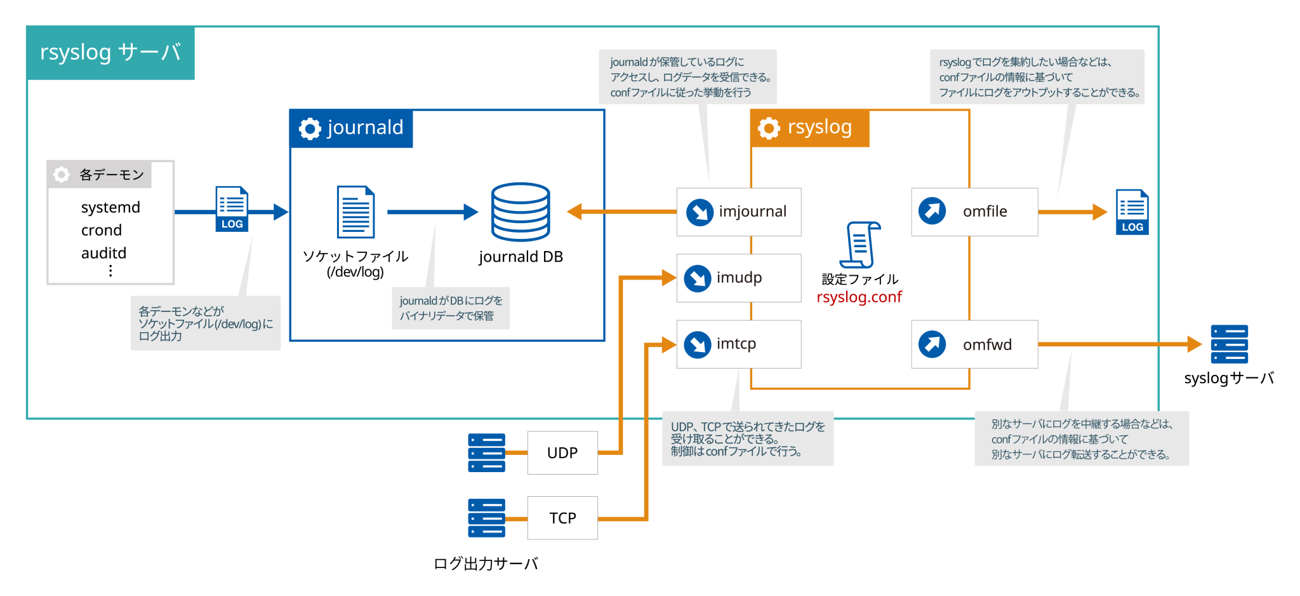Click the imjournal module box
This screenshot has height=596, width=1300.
[738, 212]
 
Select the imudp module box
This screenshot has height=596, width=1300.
[738, 278]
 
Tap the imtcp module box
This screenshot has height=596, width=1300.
[738, 344]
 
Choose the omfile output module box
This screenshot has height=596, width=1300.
[974, 212]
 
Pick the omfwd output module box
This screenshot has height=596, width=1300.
[974, 344]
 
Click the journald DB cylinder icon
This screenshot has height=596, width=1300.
[521, 212]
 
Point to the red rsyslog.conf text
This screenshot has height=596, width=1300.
[859, 297]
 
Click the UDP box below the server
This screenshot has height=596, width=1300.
[562, 452]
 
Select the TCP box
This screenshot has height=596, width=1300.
[562, 518]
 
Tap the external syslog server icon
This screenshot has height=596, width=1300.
[1229, 344]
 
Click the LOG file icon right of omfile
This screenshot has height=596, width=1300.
[1132, 212]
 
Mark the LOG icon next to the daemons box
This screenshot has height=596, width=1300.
[232, 208]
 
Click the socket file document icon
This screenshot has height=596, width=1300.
[355, 212]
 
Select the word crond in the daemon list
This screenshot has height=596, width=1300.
[102, 230]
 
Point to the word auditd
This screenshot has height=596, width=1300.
[103, 253]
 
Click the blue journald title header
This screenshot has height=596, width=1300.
[351, 128]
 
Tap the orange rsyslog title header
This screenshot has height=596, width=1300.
[809, 128]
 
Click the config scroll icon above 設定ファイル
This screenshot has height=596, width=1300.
[860, 245]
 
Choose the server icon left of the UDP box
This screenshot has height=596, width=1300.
[486, 452]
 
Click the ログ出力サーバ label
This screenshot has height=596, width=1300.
[486, 564]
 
